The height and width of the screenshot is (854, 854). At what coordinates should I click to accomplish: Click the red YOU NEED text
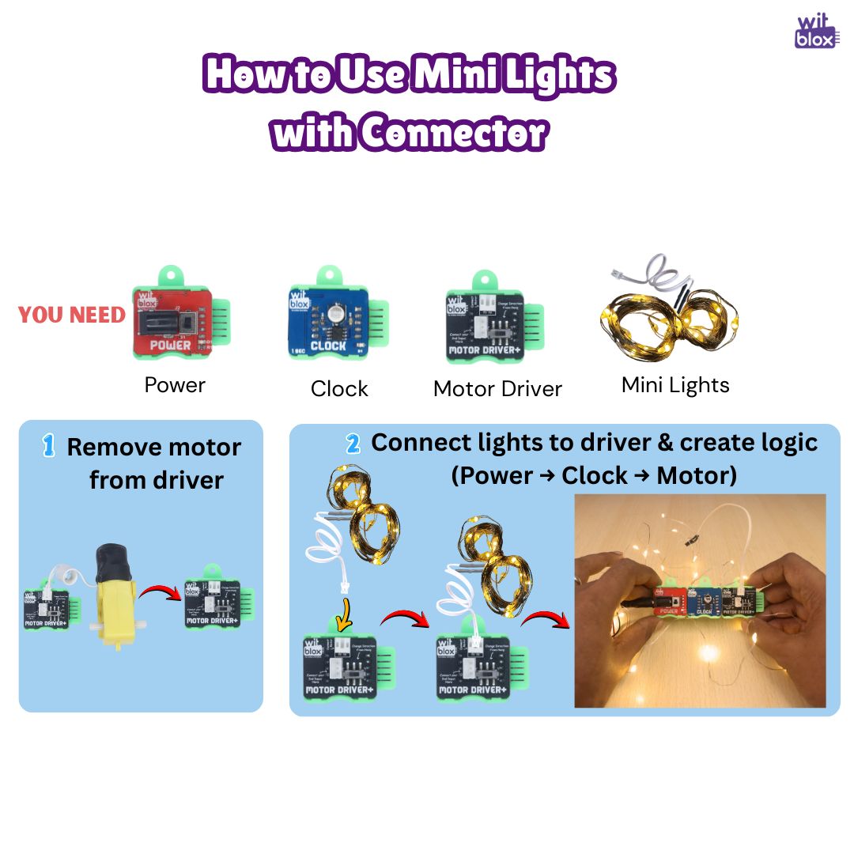(72, 315)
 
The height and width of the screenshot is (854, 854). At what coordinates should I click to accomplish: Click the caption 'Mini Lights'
(675, 385)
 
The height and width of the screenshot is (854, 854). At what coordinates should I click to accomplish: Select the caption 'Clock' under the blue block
(339, 388)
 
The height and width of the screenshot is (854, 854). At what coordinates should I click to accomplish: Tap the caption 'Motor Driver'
(497, 388)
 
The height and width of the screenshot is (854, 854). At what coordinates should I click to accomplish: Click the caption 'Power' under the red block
(175, 385)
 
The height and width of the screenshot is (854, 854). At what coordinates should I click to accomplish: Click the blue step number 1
(48, 446)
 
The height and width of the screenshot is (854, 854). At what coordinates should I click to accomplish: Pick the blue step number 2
(353, 444)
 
